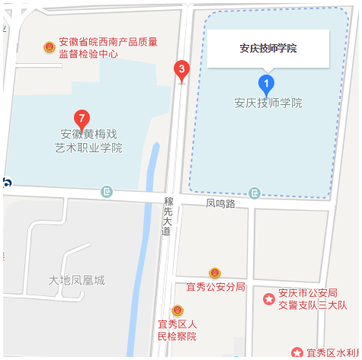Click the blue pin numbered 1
(266, 84)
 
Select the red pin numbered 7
(82, 119)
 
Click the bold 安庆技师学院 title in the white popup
(267, 49)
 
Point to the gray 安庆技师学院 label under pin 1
(268, 103)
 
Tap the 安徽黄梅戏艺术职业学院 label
(88, 141)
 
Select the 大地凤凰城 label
(76, 280)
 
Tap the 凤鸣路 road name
(220, 204)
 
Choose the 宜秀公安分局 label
(216, 286)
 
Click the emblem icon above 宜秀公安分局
(216, 272)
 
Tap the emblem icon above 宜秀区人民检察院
(177, 311)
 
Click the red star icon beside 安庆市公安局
(268, 299)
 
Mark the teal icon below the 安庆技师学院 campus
(254, 193)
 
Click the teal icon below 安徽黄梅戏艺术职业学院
(107, 191)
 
